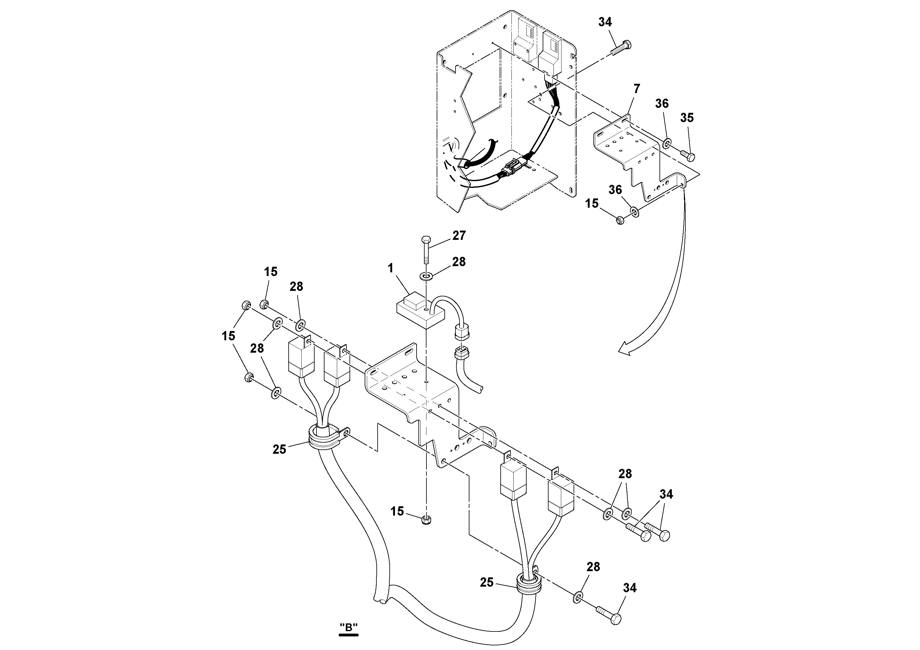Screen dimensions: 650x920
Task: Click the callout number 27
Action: click(459, 235)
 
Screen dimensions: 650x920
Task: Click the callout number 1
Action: click(391, 268)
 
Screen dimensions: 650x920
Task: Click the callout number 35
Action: click(687, 118)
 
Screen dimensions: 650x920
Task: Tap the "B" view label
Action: click(348, 627)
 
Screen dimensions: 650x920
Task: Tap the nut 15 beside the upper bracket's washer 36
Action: click(620, 220)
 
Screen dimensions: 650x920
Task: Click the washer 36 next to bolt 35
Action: click(667, 143)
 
